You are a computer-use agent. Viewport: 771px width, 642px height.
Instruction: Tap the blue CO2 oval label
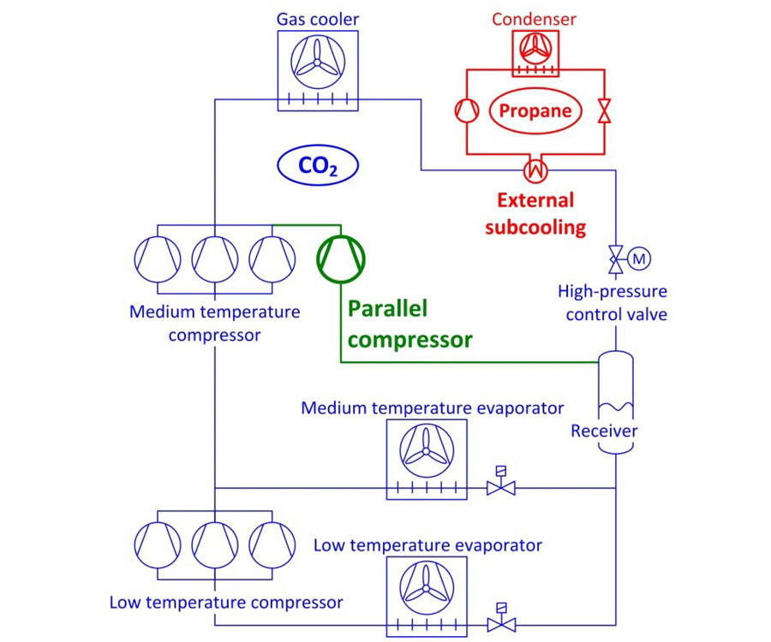click(317, 166)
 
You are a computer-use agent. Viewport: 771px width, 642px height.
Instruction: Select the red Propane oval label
click(535, 111)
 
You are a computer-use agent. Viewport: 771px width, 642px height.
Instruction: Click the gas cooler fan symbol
click(317, 62)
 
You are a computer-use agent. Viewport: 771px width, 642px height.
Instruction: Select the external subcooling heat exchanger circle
click(536, 170)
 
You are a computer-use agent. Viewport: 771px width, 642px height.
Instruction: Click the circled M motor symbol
click(639, 257)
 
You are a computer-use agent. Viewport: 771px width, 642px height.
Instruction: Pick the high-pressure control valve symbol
click(615, 257)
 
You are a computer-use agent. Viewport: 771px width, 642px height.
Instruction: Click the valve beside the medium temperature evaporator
click(499, 487)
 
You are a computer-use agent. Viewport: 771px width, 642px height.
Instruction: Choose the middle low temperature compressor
click(215, 542)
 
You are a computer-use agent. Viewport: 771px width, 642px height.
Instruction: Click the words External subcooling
click(536, 214)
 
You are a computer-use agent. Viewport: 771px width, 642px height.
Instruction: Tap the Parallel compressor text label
click(409, 324)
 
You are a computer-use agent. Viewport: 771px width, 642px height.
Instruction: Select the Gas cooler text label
click(317, 19)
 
